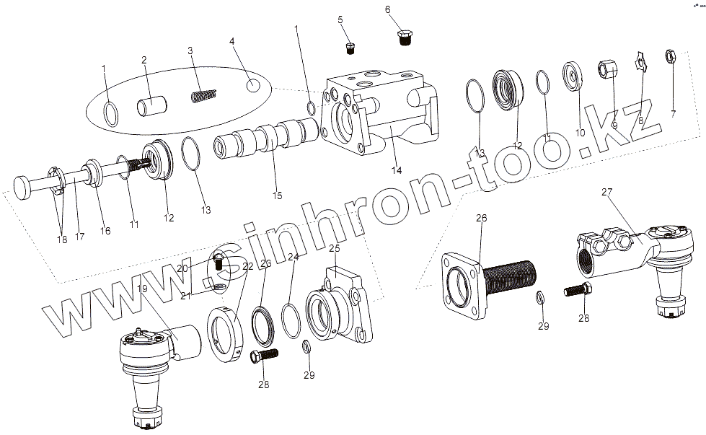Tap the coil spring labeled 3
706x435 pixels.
[x=203, y=95]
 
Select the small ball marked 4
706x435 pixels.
[x=252, y=86]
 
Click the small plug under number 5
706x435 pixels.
[x=350, y=48]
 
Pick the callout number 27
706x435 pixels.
[x=606, y=192]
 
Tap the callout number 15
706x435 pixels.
[x=276, y=195]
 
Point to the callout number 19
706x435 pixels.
[x=142, y=289]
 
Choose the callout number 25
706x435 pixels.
[x=334, y=249]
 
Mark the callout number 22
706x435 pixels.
[x=247, y=266]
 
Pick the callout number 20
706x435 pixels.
[x=182, y=268]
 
